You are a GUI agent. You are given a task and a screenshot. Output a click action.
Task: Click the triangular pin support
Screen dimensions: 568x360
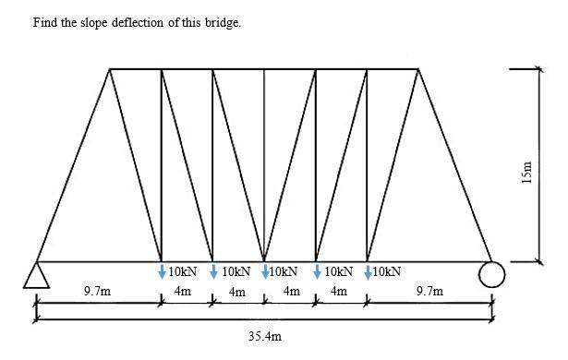(x=36, y=275)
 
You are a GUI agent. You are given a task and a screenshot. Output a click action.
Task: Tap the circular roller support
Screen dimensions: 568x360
(x=491, y=274)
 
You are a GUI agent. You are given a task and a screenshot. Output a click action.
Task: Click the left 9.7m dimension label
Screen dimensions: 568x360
(x=97, y=292)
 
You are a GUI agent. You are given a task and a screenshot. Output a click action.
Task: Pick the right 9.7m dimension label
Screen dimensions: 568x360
(x=429, y=292)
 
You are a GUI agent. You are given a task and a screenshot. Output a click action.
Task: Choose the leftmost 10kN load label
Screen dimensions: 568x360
(x=182, y=272)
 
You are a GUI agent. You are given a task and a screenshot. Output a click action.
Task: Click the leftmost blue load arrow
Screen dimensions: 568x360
(x=163, y=271)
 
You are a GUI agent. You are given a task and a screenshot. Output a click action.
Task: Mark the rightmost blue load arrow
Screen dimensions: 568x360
(x=369, y=271)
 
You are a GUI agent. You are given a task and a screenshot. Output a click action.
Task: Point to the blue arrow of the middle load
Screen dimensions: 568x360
(x=266, y=271)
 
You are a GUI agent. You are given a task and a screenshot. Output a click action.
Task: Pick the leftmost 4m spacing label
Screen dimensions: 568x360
(x=183, y=292)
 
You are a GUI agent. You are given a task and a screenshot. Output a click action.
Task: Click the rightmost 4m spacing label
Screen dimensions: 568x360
(x=338, y=292)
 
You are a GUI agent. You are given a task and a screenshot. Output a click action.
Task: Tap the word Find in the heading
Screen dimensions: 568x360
(x=43, y=22)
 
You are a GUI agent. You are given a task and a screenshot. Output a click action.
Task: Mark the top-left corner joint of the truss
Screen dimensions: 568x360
(x=110, y=69)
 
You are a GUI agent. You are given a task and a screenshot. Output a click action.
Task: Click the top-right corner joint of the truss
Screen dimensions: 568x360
(x=420, y=69)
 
